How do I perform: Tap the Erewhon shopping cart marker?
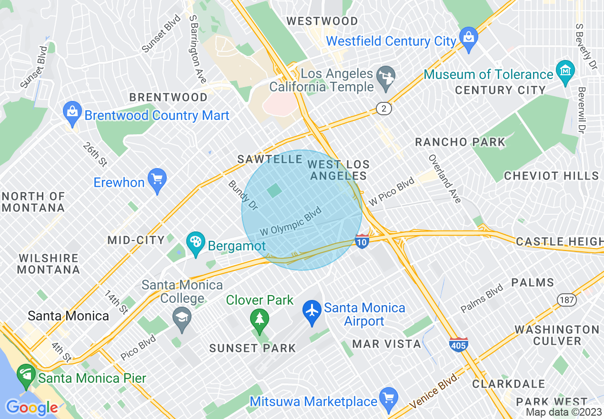pyautogui.click(x=157, y=180)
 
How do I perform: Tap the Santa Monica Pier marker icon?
pyautogui.click(x=26, y=375)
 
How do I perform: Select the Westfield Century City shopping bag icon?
pyautogui.click(x=469, y=38)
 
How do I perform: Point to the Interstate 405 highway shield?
pyautogui.click(x=458, y=344)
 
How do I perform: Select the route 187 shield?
pyautogui.click(x=566, y=300)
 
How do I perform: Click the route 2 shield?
pyautogui.click(x=384, y=109)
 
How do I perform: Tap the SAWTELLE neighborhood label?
pyautogui.click(x=270, y=159)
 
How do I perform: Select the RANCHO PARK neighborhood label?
pyautogui.click(x=460, y=142)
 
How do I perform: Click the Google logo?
pyautogui.click(x=31, y=408)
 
